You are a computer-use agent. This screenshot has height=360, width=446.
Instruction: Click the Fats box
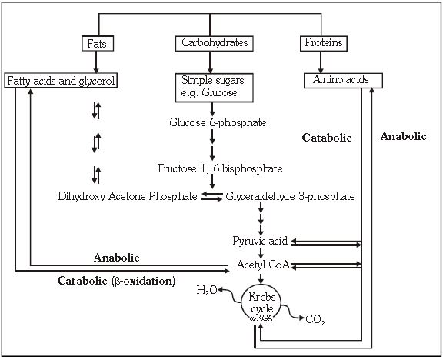[x=98, y=43]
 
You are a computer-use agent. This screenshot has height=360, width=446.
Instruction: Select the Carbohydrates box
[x=214, y=43]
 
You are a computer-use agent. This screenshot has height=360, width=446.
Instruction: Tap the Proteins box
[x=323, y=43]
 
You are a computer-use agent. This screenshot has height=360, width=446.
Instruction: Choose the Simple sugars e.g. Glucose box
[x=211, y=87]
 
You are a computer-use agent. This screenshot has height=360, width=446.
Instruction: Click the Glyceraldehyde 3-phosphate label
[x=290, y=196]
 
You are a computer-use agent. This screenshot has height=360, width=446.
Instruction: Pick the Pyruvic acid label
[x=260, y=241]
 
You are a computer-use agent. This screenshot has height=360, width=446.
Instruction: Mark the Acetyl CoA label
[x=261, y=265]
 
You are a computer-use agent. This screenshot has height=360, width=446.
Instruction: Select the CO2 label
[x=315, y=318]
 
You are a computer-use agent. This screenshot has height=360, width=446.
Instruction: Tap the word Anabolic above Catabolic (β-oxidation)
[x=116, y=257]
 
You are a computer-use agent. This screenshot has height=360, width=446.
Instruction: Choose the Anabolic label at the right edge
[x=403, y=135]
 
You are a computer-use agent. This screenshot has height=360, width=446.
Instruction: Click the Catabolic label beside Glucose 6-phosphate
[x=327, y=138]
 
